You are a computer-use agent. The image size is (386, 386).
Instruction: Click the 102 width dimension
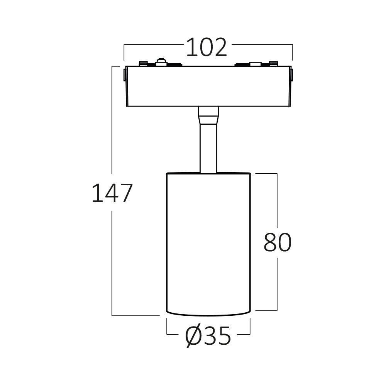click(x=207, y=48)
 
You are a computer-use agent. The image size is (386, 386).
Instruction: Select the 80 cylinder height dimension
click(x=277, y=243)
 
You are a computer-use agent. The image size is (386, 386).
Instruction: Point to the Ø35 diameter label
click(x=208, y=336)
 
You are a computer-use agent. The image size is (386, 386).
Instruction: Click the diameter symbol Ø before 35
click(x=193, y=336)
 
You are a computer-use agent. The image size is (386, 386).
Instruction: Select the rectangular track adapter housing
click(x=208, y=86)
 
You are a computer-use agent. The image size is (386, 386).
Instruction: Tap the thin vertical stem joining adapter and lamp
click(x=208, y=149)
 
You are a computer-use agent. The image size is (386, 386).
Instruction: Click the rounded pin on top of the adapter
click(x=161, y=61)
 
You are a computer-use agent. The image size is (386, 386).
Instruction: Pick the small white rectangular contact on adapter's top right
click(x=255, y=63)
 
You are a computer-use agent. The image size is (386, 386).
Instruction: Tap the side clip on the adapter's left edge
click(x=125, y=74)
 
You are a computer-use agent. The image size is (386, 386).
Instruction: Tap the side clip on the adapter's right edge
click(x=291, y=74)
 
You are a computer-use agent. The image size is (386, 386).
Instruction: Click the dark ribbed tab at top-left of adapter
click(x=143, y=63)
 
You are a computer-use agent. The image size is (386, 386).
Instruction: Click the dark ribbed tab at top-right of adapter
click(x=274, y=63)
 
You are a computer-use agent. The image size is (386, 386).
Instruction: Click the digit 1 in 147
click(x=96, y=193)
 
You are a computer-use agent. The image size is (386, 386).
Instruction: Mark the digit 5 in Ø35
click(x=223, y=336)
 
